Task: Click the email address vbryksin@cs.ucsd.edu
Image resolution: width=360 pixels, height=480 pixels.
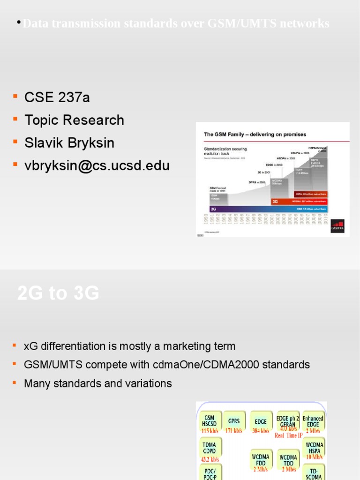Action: click(x=97, y=165)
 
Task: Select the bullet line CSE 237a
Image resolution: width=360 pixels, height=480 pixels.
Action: click(x=57, y=97)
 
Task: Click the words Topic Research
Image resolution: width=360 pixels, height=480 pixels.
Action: click(x=74, y=120)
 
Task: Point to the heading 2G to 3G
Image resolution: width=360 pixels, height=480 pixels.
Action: click(x=58, y=293)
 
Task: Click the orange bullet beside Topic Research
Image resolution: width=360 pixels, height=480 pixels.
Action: click(x=15, y=119)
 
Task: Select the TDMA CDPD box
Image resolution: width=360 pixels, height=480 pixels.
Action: click(x=210, y=449)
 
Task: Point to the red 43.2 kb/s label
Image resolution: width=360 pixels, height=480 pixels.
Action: click(x=210, y=459)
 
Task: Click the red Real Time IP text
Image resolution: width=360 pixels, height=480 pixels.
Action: click(x=289, y=435)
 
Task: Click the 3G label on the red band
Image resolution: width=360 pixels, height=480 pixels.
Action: click(x=276, y=202)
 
